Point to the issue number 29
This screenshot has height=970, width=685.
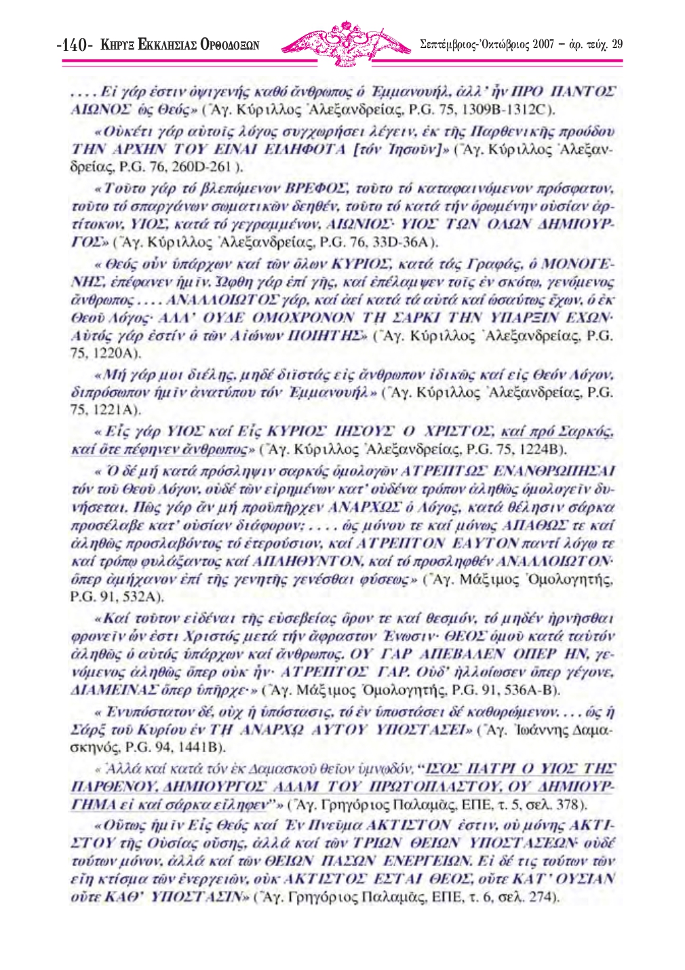(616, 45)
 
